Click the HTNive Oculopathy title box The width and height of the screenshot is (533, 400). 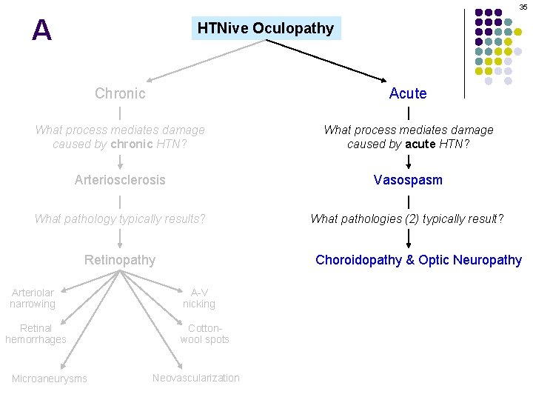pos(266,29)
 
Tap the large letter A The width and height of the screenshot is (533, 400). pos(42,30)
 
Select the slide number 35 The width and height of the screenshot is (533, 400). pos(523,7)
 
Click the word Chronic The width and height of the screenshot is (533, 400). pos(120,93)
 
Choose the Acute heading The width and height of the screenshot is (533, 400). pos(408,93)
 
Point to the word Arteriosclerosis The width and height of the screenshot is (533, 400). pos(120,180)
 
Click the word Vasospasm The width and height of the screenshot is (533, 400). pos(408,180)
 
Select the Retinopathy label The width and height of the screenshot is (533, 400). pos(120,259)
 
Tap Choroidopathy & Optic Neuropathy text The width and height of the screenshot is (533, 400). pos(418,259)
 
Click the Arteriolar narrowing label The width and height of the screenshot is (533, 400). pos(33,299)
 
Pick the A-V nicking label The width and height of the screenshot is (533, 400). pos(199,299)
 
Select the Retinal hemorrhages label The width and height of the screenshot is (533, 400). pos(36,333)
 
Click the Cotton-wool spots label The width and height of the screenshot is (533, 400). pos(204,333)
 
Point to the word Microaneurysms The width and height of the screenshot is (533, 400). pos(49,379)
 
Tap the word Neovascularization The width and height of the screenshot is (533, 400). pos(196,378)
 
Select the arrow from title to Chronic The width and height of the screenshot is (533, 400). pos(207,61)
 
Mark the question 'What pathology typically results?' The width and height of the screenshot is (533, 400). pos(120,219)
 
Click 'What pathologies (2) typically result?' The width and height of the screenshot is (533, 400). pos(407,219)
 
